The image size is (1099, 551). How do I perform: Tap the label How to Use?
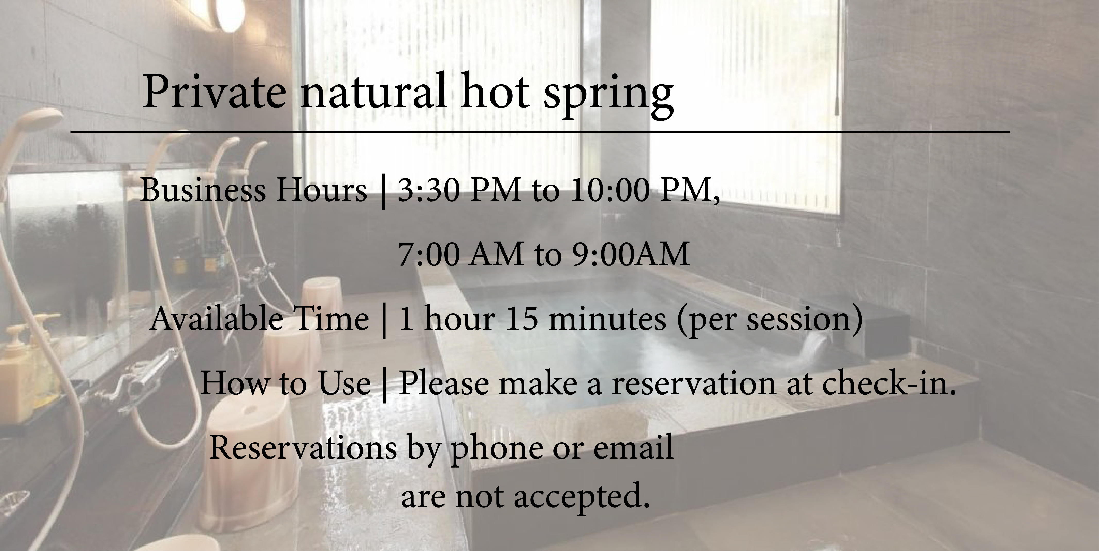point(285,383)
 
